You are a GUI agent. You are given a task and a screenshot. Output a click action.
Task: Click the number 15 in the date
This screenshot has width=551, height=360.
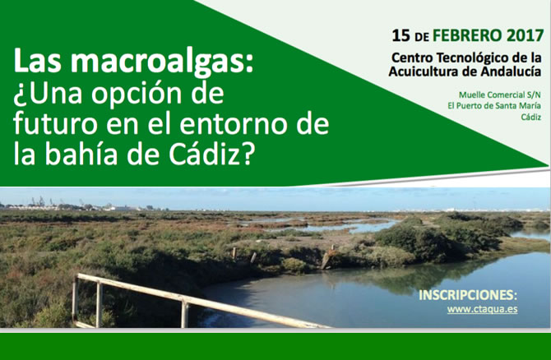(401, 36)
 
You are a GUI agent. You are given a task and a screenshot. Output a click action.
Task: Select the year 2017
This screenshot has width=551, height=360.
(526, 36)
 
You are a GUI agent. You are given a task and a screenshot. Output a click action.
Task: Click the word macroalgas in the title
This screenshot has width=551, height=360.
(162, 62)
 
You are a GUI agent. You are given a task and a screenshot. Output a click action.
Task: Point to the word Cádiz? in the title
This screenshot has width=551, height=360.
(211, 154)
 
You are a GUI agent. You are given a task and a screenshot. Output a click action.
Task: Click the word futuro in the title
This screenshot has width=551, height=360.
(55, 124)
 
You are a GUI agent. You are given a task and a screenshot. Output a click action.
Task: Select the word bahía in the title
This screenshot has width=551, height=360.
(81, 154)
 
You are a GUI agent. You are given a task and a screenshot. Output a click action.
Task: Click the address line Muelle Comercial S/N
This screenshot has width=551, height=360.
(500, 95)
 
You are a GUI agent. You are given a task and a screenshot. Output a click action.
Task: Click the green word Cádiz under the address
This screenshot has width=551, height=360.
(531, 118)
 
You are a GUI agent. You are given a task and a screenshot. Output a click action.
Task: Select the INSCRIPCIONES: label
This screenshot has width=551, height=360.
(468, 295)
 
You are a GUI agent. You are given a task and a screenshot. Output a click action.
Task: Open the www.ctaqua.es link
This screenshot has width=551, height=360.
(482, 309)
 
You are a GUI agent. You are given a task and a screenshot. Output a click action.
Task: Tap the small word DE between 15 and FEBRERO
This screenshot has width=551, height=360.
(421, 37)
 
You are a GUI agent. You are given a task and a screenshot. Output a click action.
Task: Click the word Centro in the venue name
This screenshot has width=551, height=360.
(412, 58)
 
